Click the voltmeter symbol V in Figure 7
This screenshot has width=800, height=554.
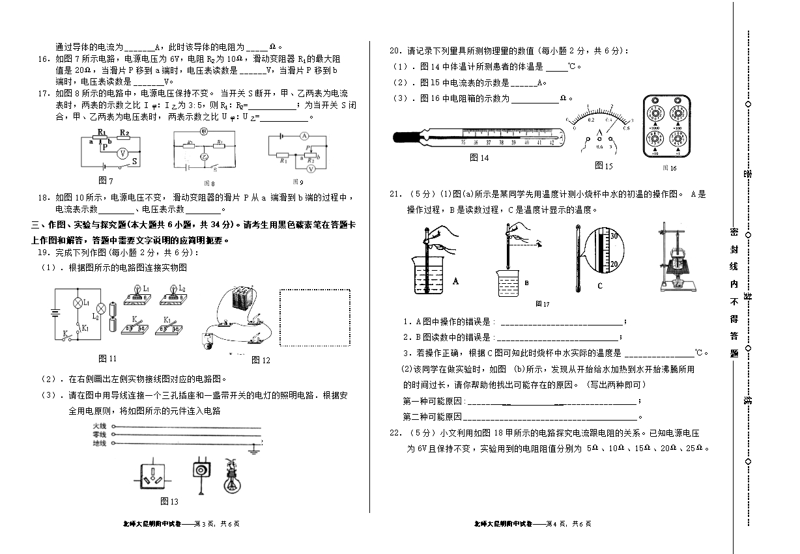coord(121,153)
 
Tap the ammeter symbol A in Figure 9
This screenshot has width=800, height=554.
coord(304,137)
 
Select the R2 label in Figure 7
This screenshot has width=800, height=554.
coord(124,132)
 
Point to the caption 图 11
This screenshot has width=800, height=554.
coord(107,358)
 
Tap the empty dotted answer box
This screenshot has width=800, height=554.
coord(315,318)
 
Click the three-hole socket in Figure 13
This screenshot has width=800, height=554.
coord(156,477)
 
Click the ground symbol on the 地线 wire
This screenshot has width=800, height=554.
coord(255,448)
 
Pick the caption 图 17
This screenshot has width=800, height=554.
coord(542,303)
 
